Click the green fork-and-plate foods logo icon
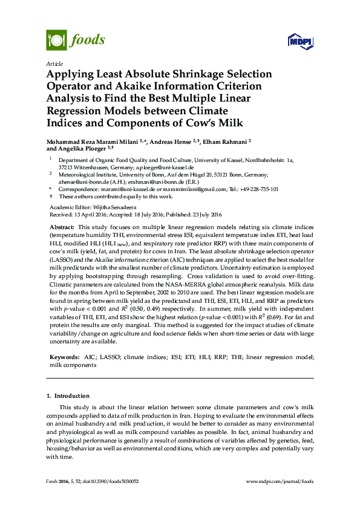click(x=56, y=40)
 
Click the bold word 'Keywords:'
click(x=64, y=357)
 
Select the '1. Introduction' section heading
click(x=68, y=397)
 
